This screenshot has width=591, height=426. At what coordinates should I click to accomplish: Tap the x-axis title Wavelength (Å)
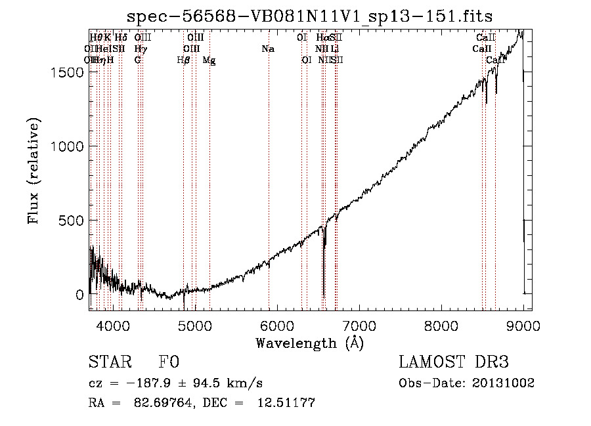point(309,343)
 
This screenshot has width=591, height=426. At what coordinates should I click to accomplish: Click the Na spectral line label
point(267,49)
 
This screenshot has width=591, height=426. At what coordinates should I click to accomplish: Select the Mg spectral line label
point(209,60)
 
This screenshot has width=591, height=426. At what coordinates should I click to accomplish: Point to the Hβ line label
point(183,60)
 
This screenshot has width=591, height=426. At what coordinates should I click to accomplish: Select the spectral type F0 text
point(169,363)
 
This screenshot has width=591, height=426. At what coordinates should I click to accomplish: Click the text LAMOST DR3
point(454,363)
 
